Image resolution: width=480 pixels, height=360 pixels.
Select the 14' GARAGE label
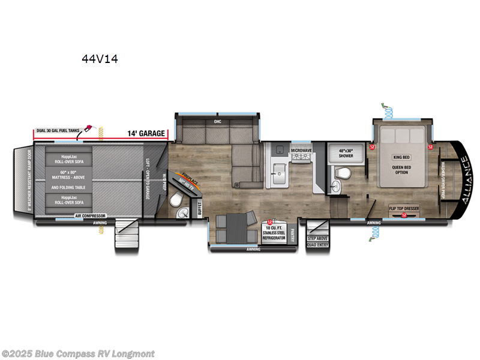point(146,134)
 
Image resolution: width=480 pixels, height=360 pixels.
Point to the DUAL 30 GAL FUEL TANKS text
point(58,131)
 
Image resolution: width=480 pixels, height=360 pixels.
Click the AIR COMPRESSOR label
point(89,215)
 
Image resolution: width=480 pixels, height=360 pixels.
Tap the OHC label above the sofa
point(218,121)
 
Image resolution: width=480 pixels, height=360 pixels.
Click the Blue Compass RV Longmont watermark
point(78,354)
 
